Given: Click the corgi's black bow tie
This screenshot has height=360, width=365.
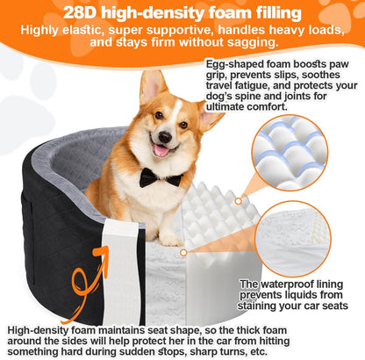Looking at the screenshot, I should click(160, 178).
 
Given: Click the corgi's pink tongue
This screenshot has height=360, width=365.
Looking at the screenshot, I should click(161, 150).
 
